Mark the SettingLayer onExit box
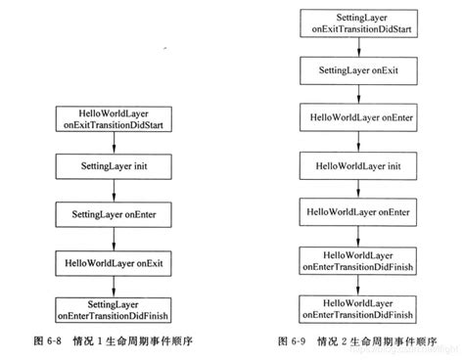coord(361,72)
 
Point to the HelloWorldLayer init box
coord(361,165)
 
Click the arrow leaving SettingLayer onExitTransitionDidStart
coord(361,49)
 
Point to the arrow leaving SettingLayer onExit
coord(361,96)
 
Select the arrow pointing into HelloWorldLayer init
coord(361,143)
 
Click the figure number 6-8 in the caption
coord(47,341)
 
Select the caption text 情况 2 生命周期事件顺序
coord(377,341)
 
